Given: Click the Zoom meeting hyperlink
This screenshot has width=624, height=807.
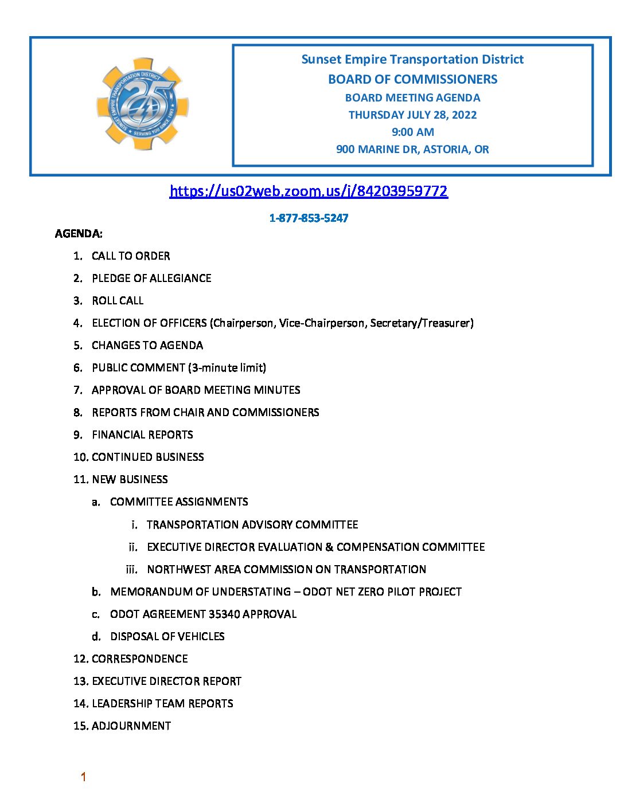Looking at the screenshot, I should click(309, 191).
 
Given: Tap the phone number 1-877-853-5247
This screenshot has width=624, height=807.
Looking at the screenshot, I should click(309, 218).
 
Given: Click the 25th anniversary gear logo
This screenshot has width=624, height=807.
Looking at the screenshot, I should click(142, 104).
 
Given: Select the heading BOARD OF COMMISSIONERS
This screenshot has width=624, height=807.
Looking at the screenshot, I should click(412, 79).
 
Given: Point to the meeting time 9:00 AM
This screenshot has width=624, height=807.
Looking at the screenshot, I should click(412, 132).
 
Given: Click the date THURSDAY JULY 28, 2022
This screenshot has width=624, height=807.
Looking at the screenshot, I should click(412, 115).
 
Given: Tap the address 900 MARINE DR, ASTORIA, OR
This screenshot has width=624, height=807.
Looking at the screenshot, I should click(412, 149).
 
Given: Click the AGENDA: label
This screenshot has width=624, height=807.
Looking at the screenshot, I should click(79, 233).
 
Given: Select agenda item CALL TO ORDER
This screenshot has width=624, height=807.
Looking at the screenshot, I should click(131, 256).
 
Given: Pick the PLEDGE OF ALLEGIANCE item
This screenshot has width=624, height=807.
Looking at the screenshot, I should click(151, 278).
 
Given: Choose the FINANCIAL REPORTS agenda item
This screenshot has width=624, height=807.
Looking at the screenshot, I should click(142, 434).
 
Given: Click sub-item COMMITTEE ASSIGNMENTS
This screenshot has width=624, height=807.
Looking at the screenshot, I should click(179, 502).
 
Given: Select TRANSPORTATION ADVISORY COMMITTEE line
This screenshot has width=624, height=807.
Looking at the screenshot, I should click(252, 524).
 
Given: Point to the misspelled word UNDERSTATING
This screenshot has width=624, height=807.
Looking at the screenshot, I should click(252, 591).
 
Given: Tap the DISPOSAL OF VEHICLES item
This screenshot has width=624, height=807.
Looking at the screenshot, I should click(167, 636).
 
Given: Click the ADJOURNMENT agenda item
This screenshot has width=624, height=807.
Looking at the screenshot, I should click(131, 726).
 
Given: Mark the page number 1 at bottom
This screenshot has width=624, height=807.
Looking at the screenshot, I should click(83, 777).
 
